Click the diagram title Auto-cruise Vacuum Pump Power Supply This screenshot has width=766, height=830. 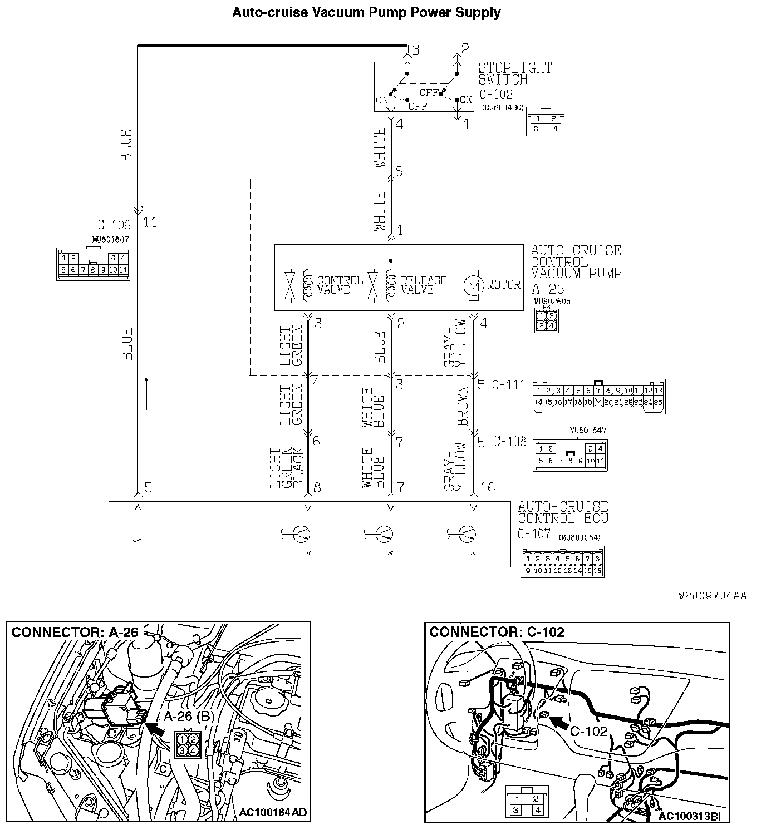[x=366, y=12]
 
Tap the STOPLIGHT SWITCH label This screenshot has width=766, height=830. [x=515, y=73]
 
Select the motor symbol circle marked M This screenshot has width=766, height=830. [x=474, y=285]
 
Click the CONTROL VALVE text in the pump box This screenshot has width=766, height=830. [x=339, y=285]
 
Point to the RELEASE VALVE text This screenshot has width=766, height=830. [x=423, y=285]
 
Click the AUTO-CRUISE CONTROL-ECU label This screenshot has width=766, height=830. [x=563, y=512]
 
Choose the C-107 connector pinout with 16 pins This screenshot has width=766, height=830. [x=562, y=562]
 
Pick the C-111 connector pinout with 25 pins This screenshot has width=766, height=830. [x=598, y=396]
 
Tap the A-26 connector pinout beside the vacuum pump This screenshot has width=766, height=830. [x=546, y=320]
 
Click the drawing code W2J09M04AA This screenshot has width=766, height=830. [x=712, y=596]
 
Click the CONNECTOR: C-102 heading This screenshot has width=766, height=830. [x=497, y=632]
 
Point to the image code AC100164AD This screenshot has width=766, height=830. [x=273, y=813]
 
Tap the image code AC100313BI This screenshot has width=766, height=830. [x=689, y=816]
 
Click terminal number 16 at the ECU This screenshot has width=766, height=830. [x=487, y=488]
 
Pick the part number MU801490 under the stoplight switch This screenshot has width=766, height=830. [x=503, y=107]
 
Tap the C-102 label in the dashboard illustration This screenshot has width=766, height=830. [x=589, y=731]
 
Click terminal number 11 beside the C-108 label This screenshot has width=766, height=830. [x=150, y=223]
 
